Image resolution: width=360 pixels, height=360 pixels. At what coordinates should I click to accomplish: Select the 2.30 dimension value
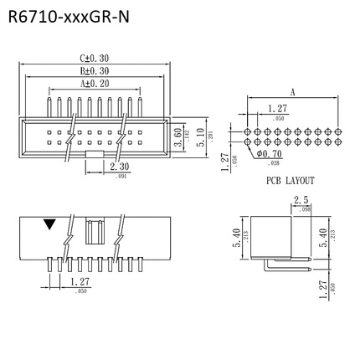[x=119, y=167]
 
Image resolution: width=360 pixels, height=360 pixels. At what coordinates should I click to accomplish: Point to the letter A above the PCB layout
[x=291, y=94]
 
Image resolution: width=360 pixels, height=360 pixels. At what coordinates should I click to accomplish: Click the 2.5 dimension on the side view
[x=301, y=199]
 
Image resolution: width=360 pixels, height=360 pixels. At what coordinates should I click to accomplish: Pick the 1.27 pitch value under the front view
[x=80, y=283]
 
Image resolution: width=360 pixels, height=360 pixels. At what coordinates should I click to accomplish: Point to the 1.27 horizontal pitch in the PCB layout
[x=277, y=108]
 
